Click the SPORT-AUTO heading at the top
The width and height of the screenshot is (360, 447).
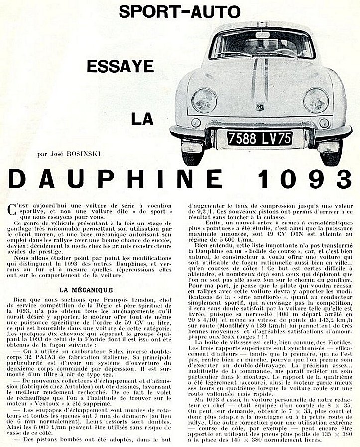pyautogui.click(x=179, y=12)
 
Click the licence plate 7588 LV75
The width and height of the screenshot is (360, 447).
pyautogui.click(x=259, y=138)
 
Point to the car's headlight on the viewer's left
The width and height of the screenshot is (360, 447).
pyautogui.click(x=204, y=100)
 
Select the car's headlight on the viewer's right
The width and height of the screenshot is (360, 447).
pyautogui.click(x=316, y=100)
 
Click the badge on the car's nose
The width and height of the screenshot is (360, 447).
pyautogui.click(x=260, y=107)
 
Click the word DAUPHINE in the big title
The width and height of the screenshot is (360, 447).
pyautogui.click(x=116, y=179)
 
